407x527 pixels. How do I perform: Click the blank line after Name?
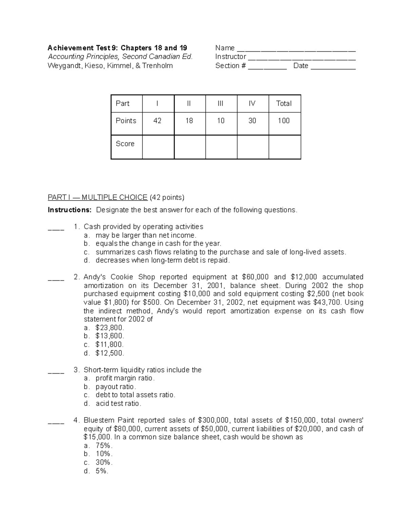click(x=296, y=49)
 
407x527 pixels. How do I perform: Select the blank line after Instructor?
click(x=302, y=57)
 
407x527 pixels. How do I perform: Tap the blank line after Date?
click(x=333, y=67)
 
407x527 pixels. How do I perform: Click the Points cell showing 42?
click(x=157, y=121)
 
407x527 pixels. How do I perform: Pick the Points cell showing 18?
click(x=189, y=121)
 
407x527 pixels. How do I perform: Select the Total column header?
click(x=284, y=103)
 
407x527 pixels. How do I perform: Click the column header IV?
click(x=252, y=103)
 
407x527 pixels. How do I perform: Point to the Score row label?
click(x=125, y=144)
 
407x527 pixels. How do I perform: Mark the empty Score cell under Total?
click(x=284, y=147)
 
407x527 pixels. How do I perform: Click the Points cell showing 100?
click(x=284, y=121)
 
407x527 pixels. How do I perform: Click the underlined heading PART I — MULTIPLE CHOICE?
click(x=97, y=197)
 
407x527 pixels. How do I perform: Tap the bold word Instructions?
click(x=70, y=210)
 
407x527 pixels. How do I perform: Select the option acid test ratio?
click(x=118, y=403)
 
